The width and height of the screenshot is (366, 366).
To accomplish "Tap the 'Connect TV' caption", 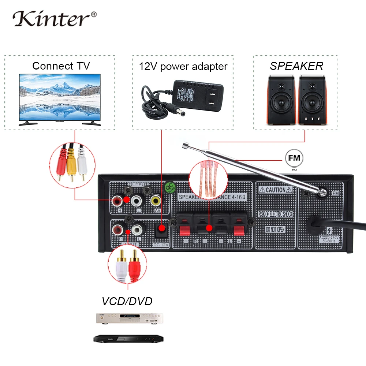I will [x=61, y=66].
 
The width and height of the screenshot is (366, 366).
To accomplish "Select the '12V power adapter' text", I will [x=183, y=66].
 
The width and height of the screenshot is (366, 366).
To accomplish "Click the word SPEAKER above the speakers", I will [x=296, y=66].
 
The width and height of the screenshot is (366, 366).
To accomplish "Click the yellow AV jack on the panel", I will [x=156, y=200].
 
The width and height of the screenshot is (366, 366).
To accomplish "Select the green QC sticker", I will [x=170, y=187].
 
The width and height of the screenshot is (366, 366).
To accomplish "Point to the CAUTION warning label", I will [x=275, y=190].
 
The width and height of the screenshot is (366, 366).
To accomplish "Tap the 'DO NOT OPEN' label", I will [x=275, y=229].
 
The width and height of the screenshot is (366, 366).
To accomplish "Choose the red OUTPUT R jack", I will [x=118, y=200].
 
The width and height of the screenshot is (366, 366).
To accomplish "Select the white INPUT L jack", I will [x=137, y=230].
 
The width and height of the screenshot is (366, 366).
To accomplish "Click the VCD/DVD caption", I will [x=127, y=301].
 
